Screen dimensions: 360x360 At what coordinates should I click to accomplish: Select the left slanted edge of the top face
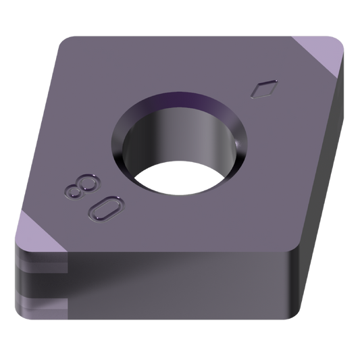pos(37,135)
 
